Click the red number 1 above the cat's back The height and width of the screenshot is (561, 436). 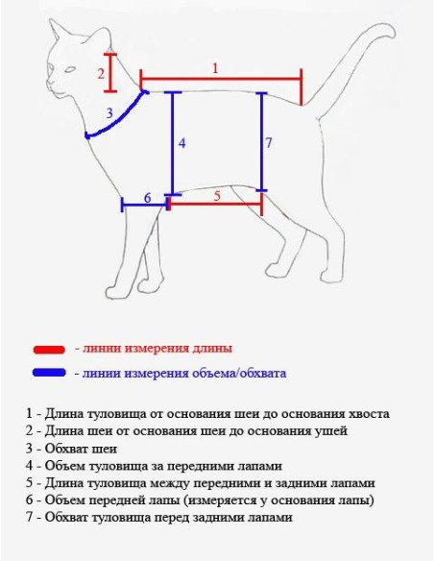pyautogui.click(x=215, y=67)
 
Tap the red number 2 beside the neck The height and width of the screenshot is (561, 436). pyautogui.click(x=100, y=73)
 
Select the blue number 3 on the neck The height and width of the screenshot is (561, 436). pyautogui.click(x=109, y=113)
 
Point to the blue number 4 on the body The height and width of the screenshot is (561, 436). pyautogui.click(x=182, y=143)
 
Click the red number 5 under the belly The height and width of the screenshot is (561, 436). pyautogui.click(x=217, y=195)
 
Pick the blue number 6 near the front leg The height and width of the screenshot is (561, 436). pyautogui.click(x=147, y=198)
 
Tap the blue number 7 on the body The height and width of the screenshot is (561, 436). pyautogui.click(x=269, y=143)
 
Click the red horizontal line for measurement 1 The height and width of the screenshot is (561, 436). pyautogui.click(x=221, y=77)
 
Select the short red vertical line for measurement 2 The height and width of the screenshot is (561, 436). pyautogui.click(x=111, y=70)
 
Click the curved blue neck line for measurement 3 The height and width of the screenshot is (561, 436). pyautogui.click(x=120, y=119)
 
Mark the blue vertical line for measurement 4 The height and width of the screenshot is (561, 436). pyautogui.click(x=171, y=144)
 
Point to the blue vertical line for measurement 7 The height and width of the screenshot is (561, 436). pyautogui.click(x=261, y=144)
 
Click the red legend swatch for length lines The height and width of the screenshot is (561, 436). pyautogui.click(x=48, y=349)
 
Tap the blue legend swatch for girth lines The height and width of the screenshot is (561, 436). pyautogui.click(x=48, y=373)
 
